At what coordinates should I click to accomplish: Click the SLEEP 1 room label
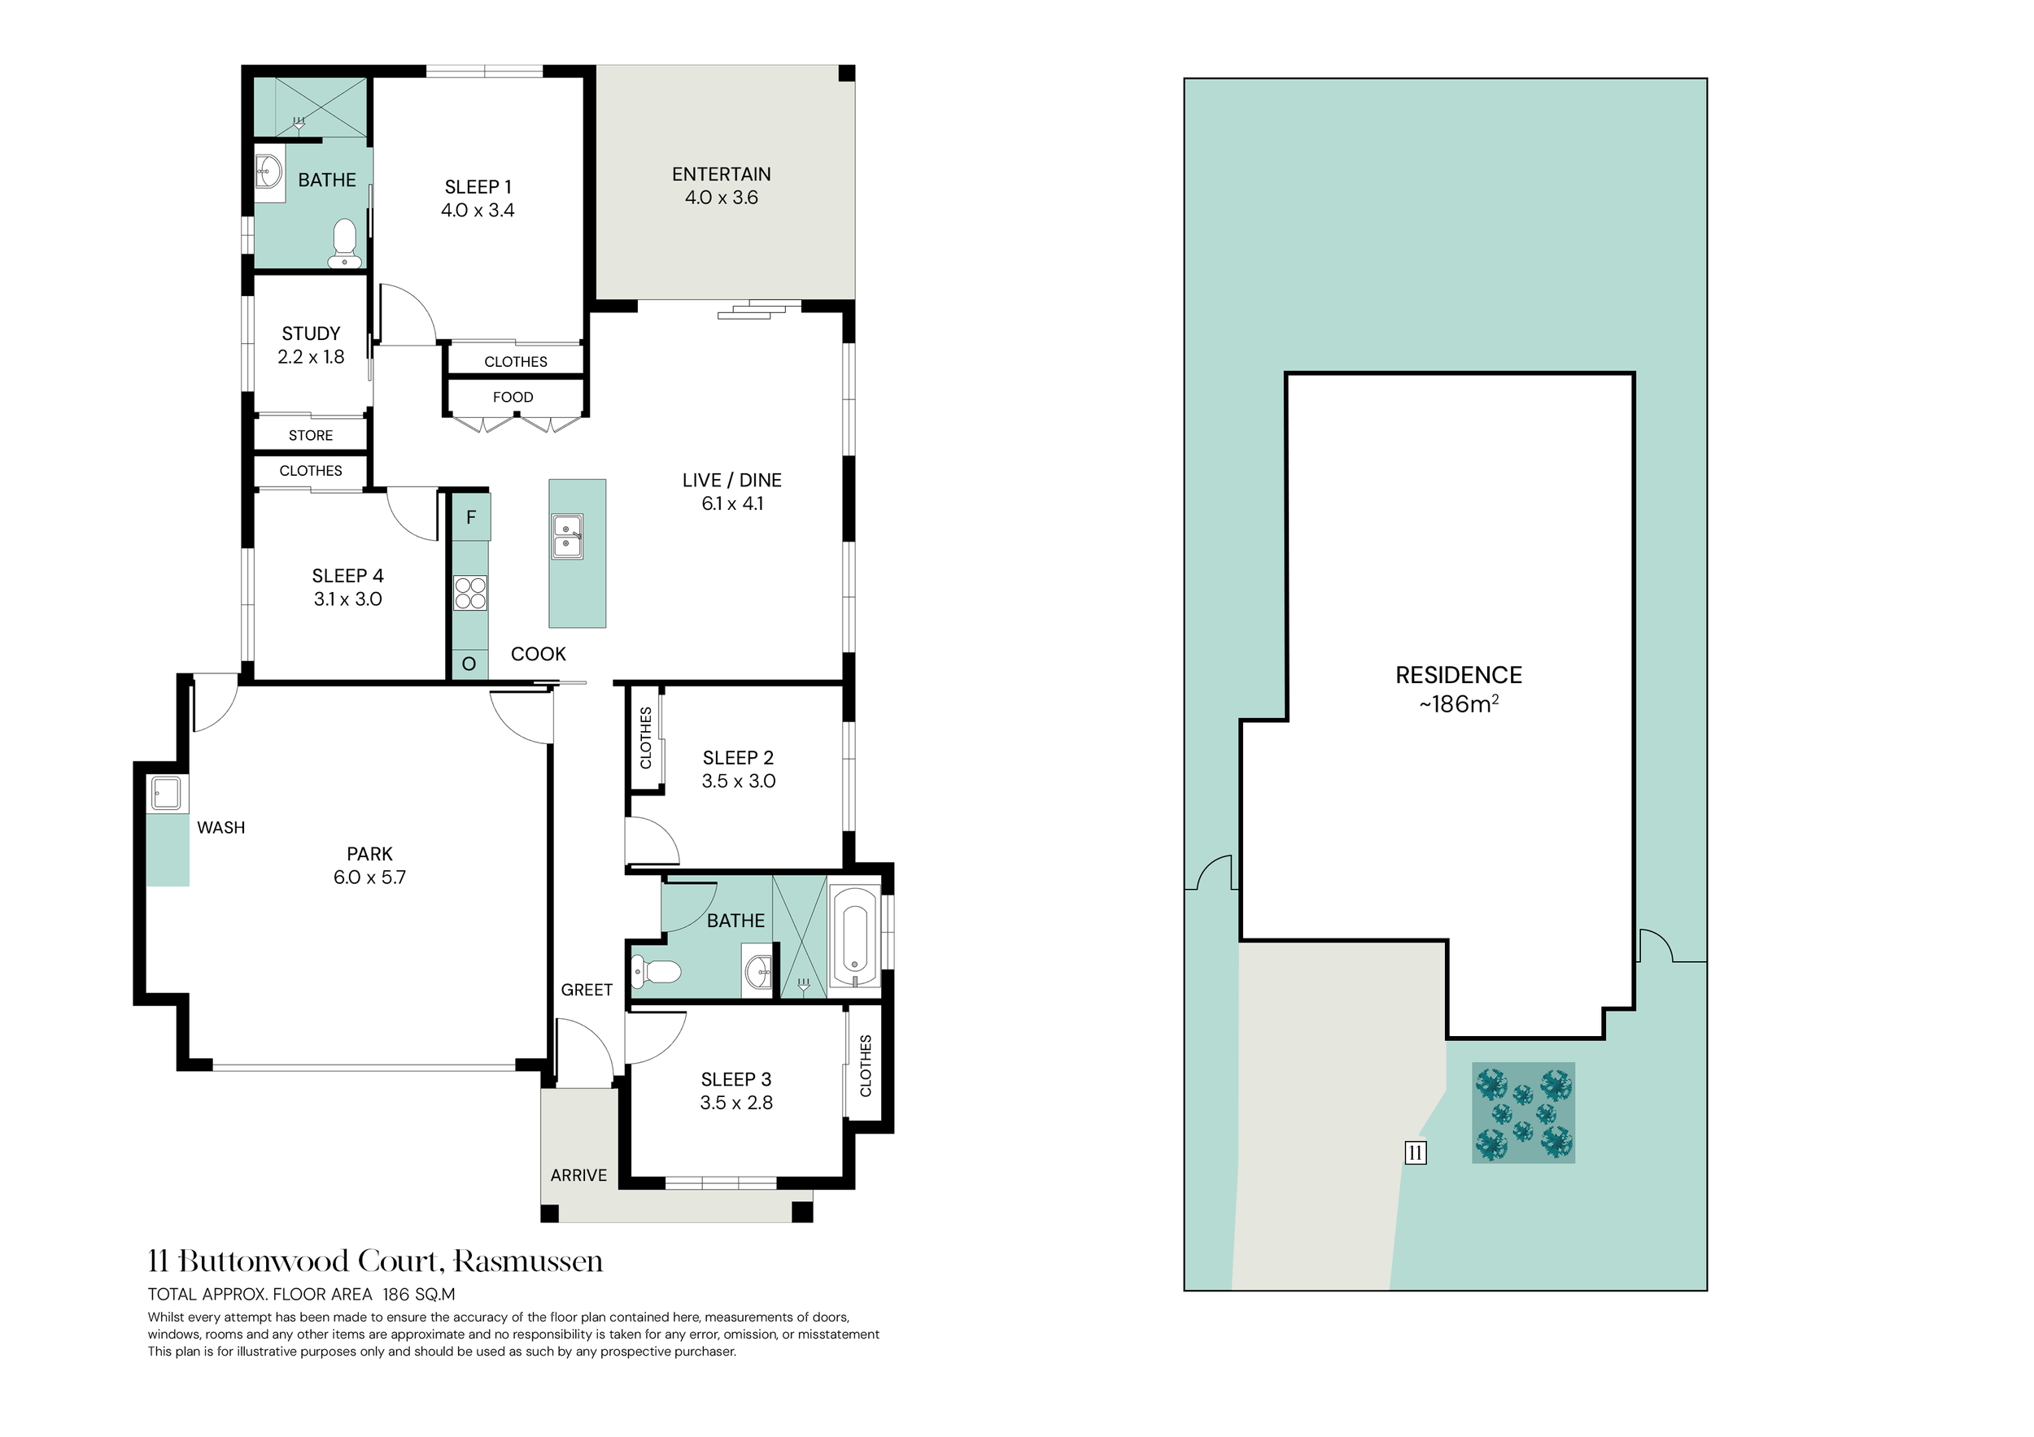[478, 198]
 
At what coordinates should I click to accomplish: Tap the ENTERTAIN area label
[721, 186]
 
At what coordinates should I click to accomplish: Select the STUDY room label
[311, 346]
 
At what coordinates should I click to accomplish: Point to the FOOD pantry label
[513, 398]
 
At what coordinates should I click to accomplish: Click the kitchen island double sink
[567, 537]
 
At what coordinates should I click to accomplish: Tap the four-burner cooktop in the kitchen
[470, 593]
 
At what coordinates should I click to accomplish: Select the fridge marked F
[471, 517]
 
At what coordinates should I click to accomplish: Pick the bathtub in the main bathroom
[855, 936]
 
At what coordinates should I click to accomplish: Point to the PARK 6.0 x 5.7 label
[369, 866]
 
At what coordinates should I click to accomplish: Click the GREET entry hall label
[587, 990]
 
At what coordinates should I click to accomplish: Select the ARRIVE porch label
[578, 1176]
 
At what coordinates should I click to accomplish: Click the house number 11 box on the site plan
[1416, 1153]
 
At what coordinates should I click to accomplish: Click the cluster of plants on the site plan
[1524, 1113]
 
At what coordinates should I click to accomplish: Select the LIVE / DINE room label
[731, 491]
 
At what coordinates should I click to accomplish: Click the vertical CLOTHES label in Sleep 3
[866, 1066]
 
